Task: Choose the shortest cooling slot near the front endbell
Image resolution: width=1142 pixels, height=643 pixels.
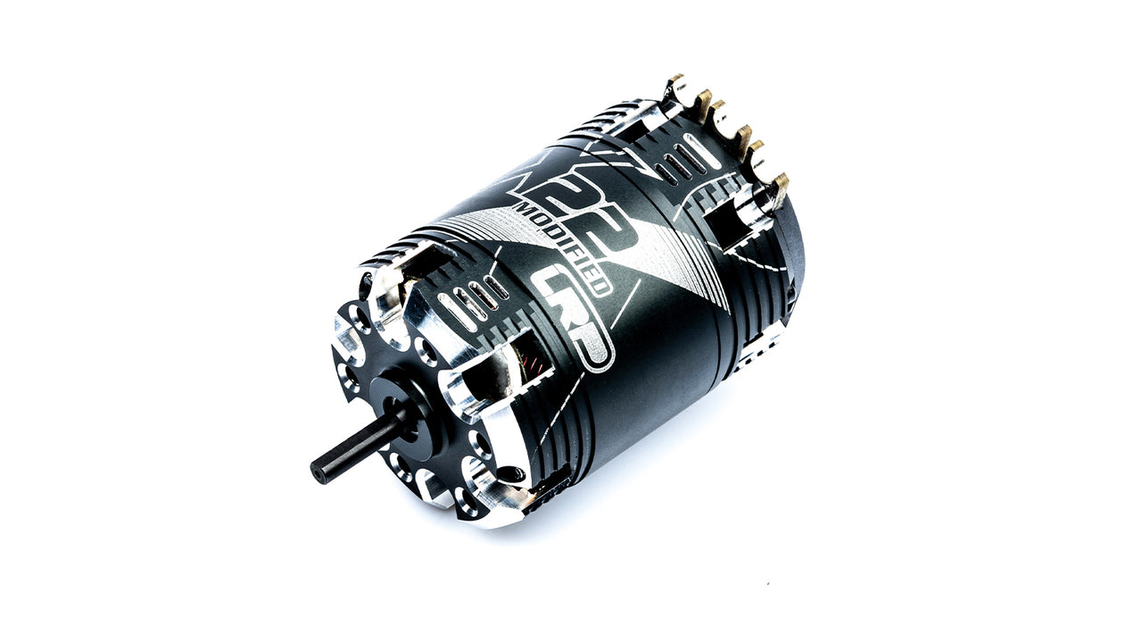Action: [496, 288]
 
